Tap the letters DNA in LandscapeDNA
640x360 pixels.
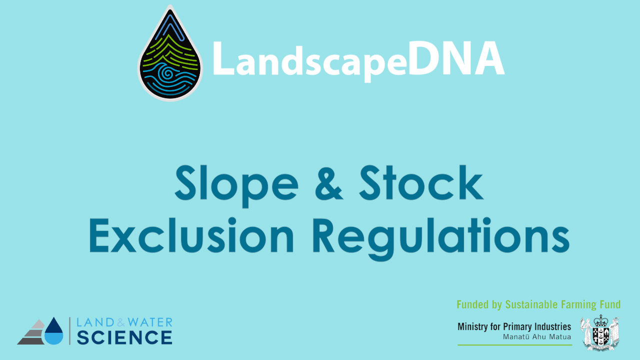coord(456,59)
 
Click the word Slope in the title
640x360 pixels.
coord(236,185)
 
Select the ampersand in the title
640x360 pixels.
coord(328,183)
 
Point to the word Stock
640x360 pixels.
coord(421,182)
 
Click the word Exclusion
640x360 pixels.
coord(191,235)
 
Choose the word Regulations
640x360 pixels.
coord(441,238)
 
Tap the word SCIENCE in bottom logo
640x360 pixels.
coord(124,337)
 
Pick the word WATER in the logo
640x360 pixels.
coord(150,322)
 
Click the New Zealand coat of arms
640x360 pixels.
coord(600,332)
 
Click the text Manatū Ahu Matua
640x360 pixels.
coord(537,337)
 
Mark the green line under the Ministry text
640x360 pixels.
coord(514,345)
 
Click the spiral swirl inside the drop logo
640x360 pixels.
coord(166,73)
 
